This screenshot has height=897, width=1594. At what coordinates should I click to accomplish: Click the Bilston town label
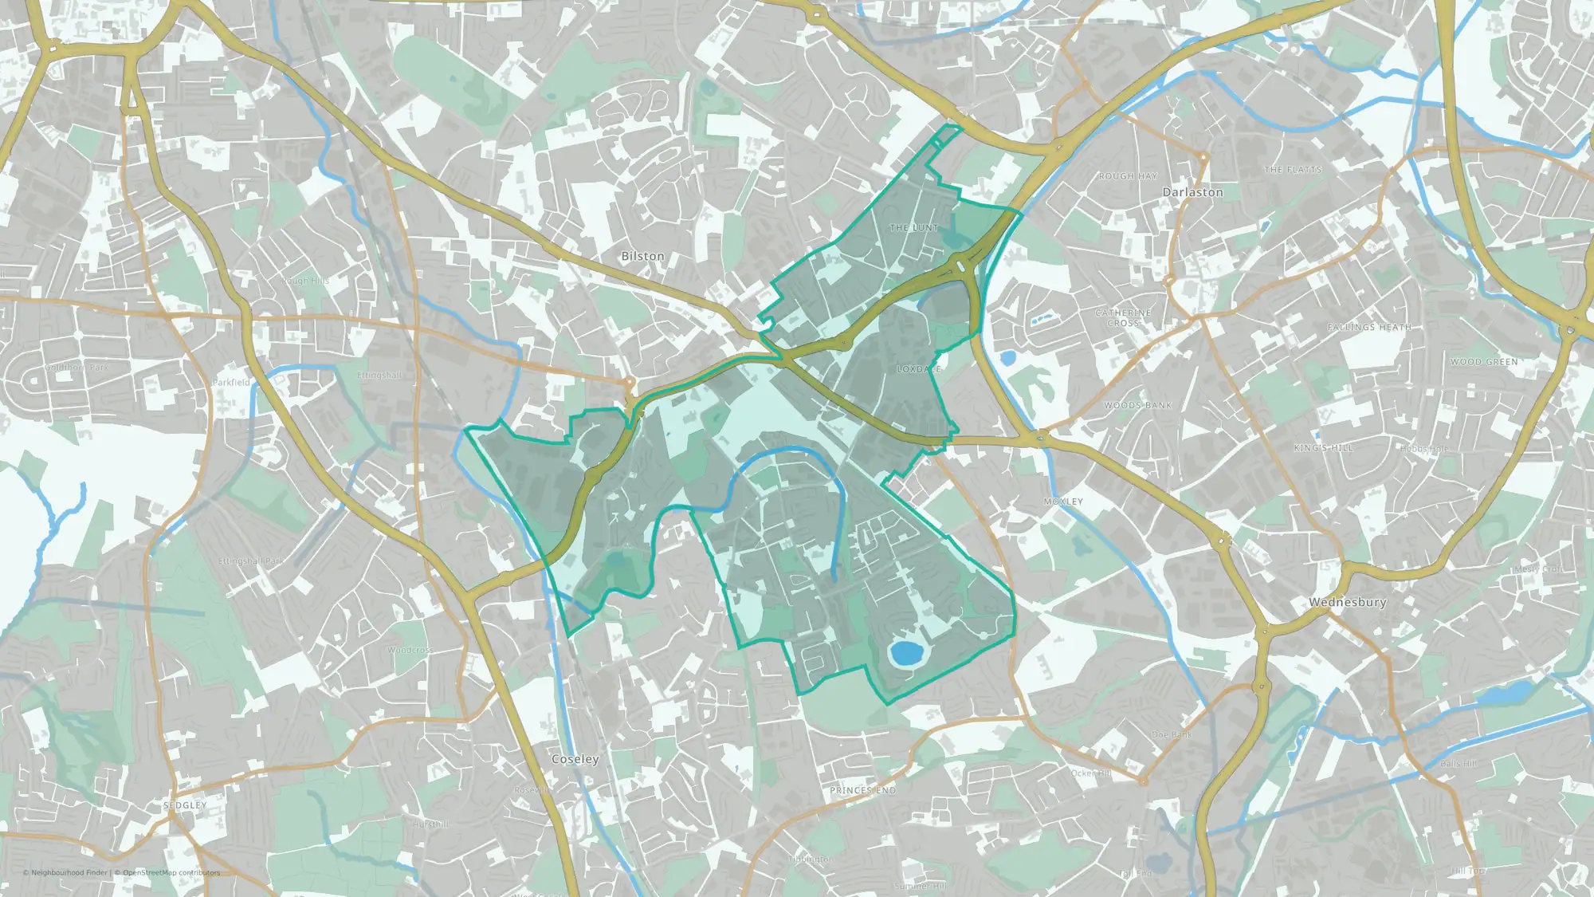pyautogui.click(x=642, y=256)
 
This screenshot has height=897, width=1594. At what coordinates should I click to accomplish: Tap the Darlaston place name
pyautogui.click(x=1192, y=192)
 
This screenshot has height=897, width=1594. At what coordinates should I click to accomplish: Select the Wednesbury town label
pyautogui.click(x=1347, y=602)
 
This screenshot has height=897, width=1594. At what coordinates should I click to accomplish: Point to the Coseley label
pyautogui.click(x=575, y=759)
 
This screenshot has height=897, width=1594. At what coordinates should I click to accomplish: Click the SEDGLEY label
pyautogui.click(x=185, y=805)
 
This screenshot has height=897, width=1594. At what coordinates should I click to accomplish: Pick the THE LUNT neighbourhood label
pyautogui.click(x=914, y=228)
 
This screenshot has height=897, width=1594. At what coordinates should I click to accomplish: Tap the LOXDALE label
pyautogui.click(x=919, y=369)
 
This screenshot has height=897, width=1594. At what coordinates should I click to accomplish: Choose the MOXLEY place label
pyautogui.click(x=1063, y=502)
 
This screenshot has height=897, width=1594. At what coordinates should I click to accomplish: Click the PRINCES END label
pyautogui.click(x=862, y=790)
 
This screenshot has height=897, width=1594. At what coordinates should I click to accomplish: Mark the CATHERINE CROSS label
pyautogui.click(x=1123, y=318)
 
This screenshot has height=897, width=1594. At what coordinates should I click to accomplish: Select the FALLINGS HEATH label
pyautogui.click(x=1368, y=327)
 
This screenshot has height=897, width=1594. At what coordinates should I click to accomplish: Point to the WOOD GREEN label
pyautogui.click(x=1484, y=362)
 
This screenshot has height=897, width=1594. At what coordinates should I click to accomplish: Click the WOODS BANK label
pyautogui.click(x=1137, y=406)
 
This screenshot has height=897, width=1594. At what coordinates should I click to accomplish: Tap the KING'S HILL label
pyautogui.click(x=1323, y=448)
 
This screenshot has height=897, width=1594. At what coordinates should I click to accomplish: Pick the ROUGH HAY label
pyautogui.click(x=1128, y=176)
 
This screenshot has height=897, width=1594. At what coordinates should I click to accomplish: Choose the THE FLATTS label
pyautogui.click(x=1293, y=170)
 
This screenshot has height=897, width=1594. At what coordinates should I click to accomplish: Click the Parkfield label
pyautogui.click(x=231, y=383)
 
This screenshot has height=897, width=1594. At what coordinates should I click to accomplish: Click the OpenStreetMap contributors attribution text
pyautogui.click(x=171, y=872)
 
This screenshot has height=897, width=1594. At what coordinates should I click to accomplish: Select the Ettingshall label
pyautogui.click(x=379, y=376)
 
